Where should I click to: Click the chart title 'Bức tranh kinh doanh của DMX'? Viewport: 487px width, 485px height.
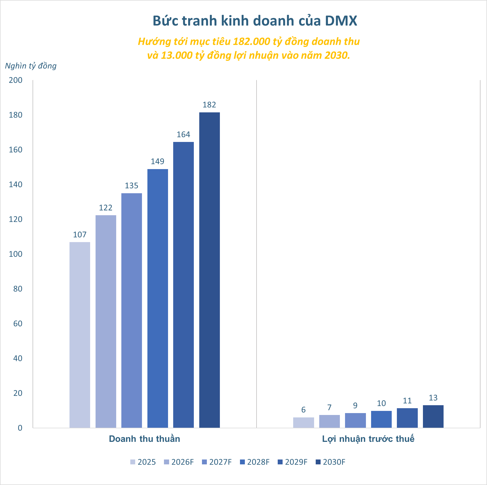(x=255, y=21)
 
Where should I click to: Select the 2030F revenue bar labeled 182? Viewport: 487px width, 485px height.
(x=209, y=270)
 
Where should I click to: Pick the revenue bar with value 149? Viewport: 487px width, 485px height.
(x=157, y=298)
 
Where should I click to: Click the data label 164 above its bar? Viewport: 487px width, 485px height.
(x=184, y=135)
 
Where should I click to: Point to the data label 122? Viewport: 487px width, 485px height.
(x=106, y=208)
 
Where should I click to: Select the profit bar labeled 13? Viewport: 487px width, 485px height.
(x=433, y=417)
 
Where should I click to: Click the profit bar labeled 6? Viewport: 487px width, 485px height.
(x=303, y=423)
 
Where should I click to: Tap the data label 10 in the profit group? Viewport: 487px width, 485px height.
(x=381, y=404)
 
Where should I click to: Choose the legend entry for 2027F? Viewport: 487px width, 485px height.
(x=217, y=462)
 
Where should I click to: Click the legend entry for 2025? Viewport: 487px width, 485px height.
(x=143, y=462)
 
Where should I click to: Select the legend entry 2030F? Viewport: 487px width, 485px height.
(x=330, y=462)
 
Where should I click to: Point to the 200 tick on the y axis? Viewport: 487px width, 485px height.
(x=16, y=80)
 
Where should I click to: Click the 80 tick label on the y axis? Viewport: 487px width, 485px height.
(x=18, y=289)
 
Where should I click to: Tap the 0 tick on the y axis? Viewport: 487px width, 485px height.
(x=20, y=428)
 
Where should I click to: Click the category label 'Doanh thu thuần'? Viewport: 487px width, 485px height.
(x=144, y=439)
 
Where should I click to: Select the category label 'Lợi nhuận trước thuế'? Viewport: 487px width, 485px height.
(x=368, y=439)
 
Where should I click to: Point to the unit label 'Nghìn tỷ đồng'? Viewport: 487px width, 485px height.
(x=31, y=66)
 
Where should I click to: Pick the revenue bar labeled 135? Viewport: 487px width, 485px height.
(x=132, y=310)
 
